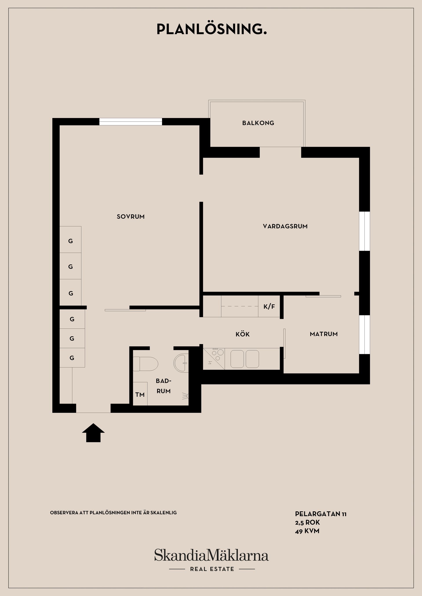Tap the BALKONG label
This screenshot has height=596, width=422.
[x=258, y=123]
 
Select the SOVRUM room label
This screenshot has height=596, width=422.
[x=131, y=217]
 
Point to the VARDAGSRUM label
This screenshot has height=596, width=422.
[x=285, y=226]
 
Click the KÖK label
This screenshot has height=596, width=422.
[x=243, y=334]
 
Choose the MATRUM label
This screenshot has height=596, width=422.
[x=324, y=334]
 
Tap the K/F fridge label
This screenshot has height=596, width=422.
[x=269, y=307]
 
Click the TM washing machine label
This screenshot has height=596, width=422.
[x=140, y=395]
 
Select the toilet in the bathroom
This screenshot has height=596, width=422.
[x=146, y=364]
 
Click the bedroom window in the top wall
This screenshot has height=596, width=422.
[x=131, y=122]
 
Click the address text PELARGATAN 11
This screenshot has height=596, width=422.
[x=321, y=514]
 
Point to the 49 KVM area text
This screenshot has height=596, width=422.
[x=307, y=531]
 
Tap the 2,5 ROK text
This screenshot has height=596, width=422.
[x=307, y=522]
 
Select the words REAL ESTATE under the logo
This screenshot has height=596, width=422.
[x=212, y=569]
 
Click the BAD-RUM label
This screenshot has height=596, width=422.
[x=164, y=386]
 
